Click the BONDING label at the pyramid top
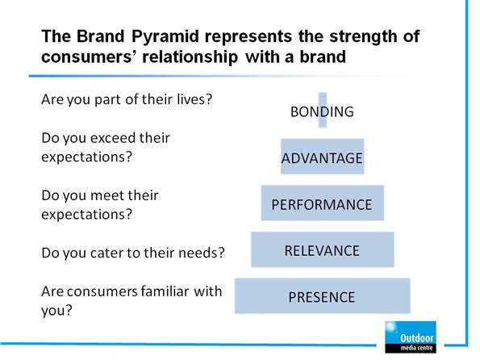(322, 111)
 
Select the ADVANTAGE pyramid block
(323, 157)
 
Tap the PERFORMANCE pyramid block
(323, 203)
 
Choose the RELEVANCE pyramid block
(323, 249)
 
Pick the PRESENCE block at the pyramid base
(323, 296)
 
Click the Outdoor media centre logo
(411, 337)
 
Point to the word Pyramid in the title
(165, 37)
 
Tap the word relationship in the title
(190, 57)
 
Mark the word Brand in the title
(100, 36)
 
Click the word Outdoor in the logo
(417, 338)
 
